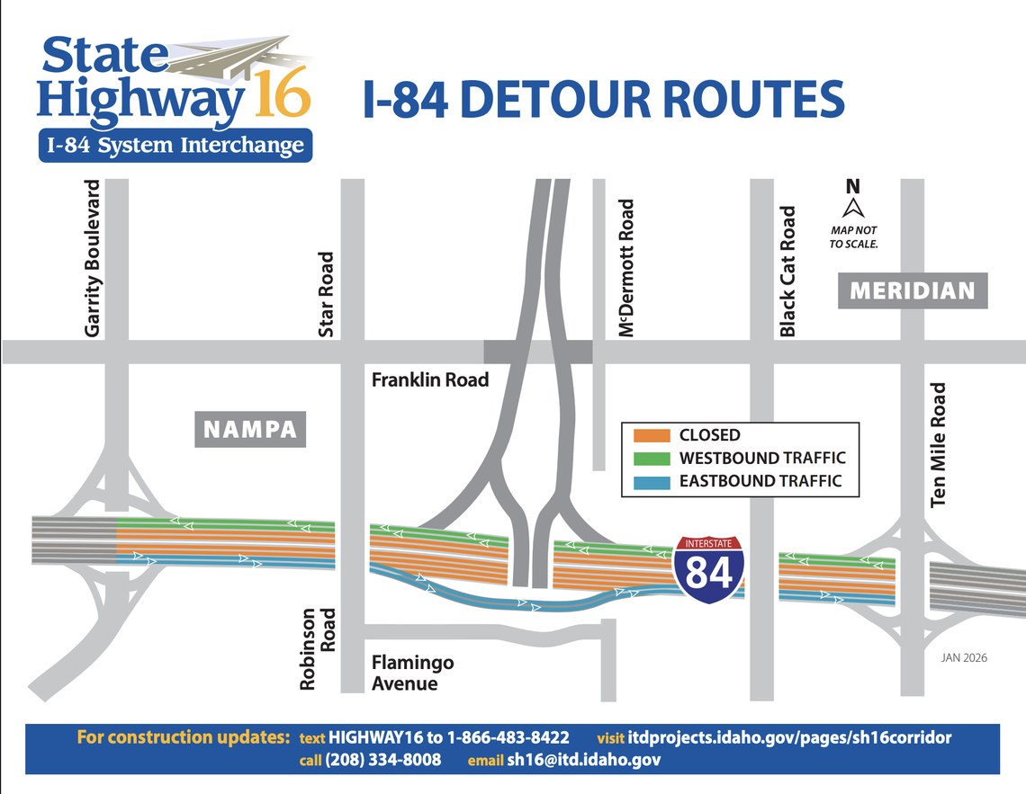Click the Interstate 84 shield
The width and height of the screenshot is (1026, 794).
709,569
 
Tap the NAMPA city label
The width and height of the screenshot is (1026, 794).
250,429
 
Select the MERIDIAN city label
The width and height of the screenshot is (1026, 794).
912,291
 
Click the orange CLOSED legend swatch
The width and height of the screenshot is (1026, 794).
652,435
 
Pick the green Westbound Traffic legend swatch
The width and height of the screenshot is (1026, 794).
652,458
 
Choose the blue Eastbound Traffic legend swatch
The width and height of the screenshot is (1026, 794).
652,481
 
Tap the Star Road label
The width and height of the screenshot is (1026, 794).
327,294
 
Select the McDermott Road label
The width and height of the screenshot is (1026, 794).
627,268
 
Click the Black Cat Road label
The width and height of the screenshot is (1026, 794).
788,272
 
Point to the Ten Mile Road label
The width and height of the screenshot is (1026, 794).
939,444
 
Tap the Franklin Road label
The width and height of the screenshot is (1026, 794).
430,380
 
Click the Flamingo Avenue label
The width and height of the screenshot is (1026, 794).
413,674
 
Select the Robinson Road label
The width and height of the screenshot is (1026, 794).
318,649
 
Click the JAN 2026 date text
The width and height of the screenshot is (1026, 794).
964,658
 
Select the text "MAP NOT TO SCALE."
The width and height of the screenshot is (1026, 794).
853,237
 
